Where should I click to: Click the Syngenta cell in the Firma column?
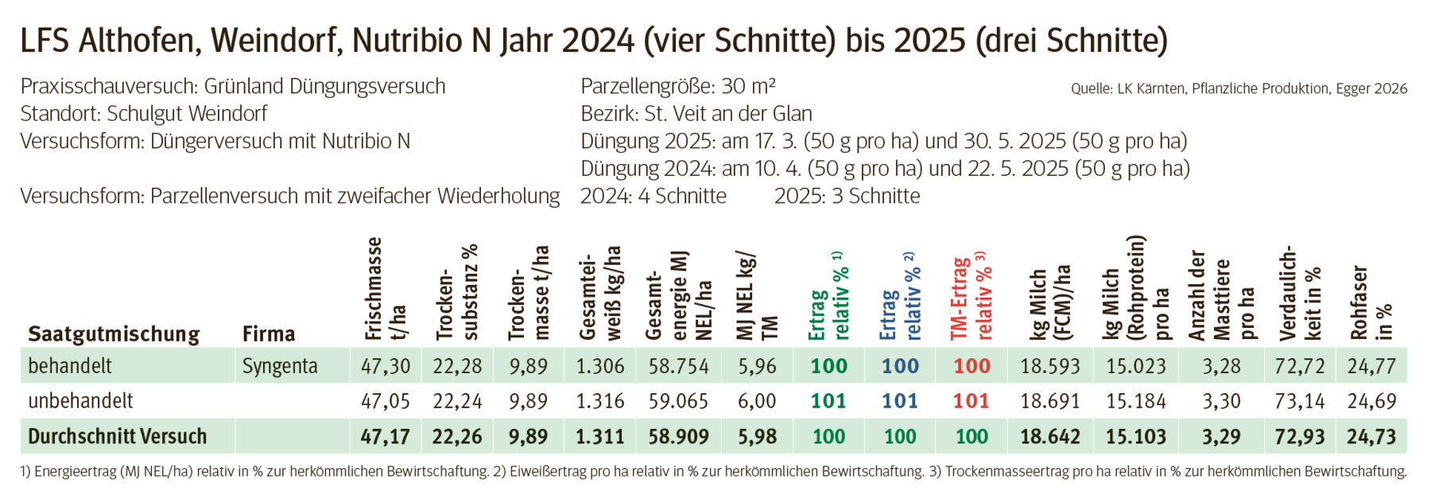pos(280,366)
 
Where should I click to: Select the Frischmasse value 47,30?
pos(386,366)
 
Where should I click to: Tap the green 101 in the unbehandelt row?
pos(828,401)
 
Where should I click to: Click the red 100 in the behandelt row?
pos(971,366)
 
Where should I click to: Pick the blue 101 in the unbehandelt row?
pos(900,401)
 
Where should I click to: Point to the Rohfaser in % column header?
pos(1371,302)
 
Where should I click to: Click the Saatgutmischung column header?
pos(114,333)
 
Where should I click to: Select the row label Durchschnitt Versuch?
pos(117,436)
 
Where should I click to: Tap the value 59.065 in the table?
pos(678,401)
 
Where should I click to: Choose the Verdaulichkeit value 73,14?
pos(1299,401)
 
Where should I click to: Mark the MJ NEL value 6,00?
pos(757,401)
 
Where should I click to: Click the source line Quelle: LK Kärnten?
pos(1239,89)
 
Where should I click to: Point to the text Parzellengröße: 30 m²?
pos(678,86)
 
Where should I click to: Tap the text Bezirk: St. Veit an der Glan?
pos(696,114)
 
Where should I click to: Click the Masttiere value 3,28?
pos(1221,366)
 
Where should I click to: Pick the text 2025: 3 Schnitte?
pos(847,196)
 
